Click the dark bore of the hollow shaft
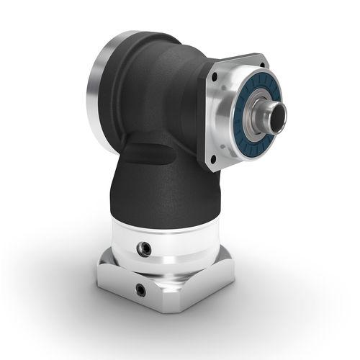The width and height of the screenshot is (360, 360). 276,113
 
